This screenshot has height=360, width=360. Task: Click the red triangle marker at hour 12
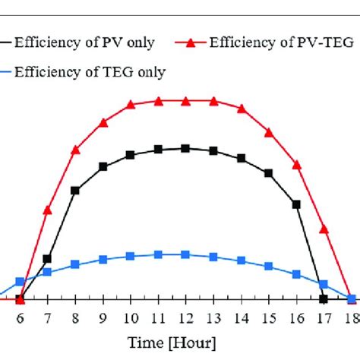click(185, 101)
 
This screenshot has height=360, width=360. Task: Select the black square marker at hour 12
click(185, 149)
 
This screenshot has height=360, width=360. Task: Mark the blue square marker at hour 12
click(185, 254)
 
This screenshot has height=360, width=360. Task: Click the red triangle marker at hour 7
click(47, 210)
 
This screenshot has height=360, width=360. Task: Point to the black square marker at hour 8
click(75, 190)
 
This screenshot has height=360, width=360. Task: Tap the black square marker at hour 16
click(296, 204)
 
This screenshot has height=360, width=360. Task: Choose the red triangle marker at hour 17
click(324, 229)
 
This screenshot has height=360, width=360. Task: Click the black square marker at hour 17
click(324, 299)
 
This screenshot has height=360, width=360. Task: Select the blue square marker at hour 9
click(103, 260)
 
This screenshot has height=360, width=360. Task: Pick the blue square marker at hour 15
click(269, 266)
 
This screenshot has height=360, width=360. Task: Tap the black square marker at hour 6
click(20, 299)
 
